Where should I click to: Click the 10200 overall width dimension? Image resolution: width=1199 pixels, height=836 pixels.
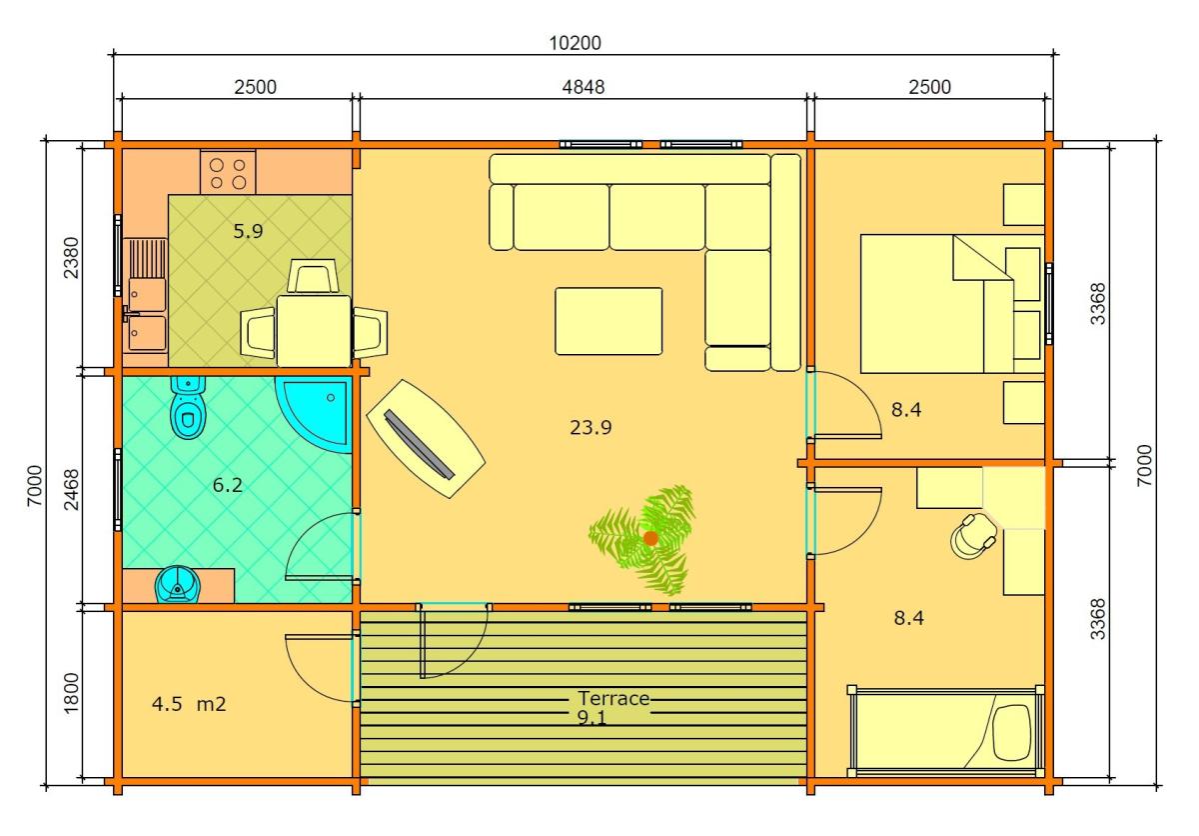pyautogui.click(x=575, y=43)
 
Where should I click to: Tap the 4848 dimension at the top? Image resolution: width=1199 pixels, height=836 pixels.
pyautogui.click(x=583, y=87)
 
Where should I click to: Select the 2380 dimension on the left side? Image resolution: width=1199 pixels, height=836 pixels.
pyautogui.click(x=71, y=258)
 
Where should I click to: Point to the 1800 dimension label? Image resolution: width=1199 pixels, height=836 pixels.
pyautogui.click(x=71, y=693)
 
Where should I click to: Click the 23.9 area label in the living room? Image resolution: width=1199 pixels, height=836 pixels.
pyautogui.click(x=591, y=427)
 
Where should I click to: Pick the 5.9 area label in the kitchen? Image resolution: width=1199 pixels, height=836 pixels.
pyautogui.click(x=248, y=231)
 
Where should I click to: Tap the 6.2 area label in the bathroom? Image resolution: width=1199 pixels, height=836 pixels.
pyautogui.click(x=228, y=485)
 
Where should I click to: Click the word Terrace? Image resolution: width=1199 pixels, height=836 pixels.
pyautogui.click(x=613, y=698)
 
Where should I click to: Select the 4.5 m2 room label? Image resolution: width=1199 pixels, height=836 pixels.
pyautogui.click(x=189, y=704)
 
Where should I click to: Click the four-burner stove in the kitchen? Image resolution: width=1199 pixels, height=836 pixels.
pyautogui.click(x=228, y=172)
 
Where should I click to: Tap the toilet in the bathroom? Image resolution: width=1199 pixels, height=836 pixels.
pyautogui.click(x=188, y=408)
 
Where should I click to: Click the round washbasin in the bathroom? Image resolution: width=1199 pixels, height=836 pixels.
pyautogui.click(x=177, y=584)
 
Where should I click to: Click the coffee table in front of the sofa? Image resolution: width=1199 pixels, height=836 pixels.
pyautogui.click(x=608, y=321)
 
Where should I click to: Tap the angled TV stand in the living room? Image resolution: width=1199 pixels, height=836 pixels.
pyautogui.click(x=426, y=439)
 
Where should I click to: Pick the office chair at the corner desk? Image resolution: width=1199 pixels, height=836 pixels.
pyautogui.click(x=973, y=537)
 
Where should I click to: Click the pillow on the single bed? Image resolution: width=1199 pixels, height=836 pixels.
pyautogui.click(x=1011, y=732)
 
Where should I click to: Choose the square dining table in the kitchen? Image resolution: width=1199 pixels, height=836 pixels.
pyautogui.click(x=314, y=332)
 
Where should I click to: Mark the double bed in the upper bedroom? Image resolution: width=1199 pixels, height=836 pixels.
pyautogui.click(x=952, y=304)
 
